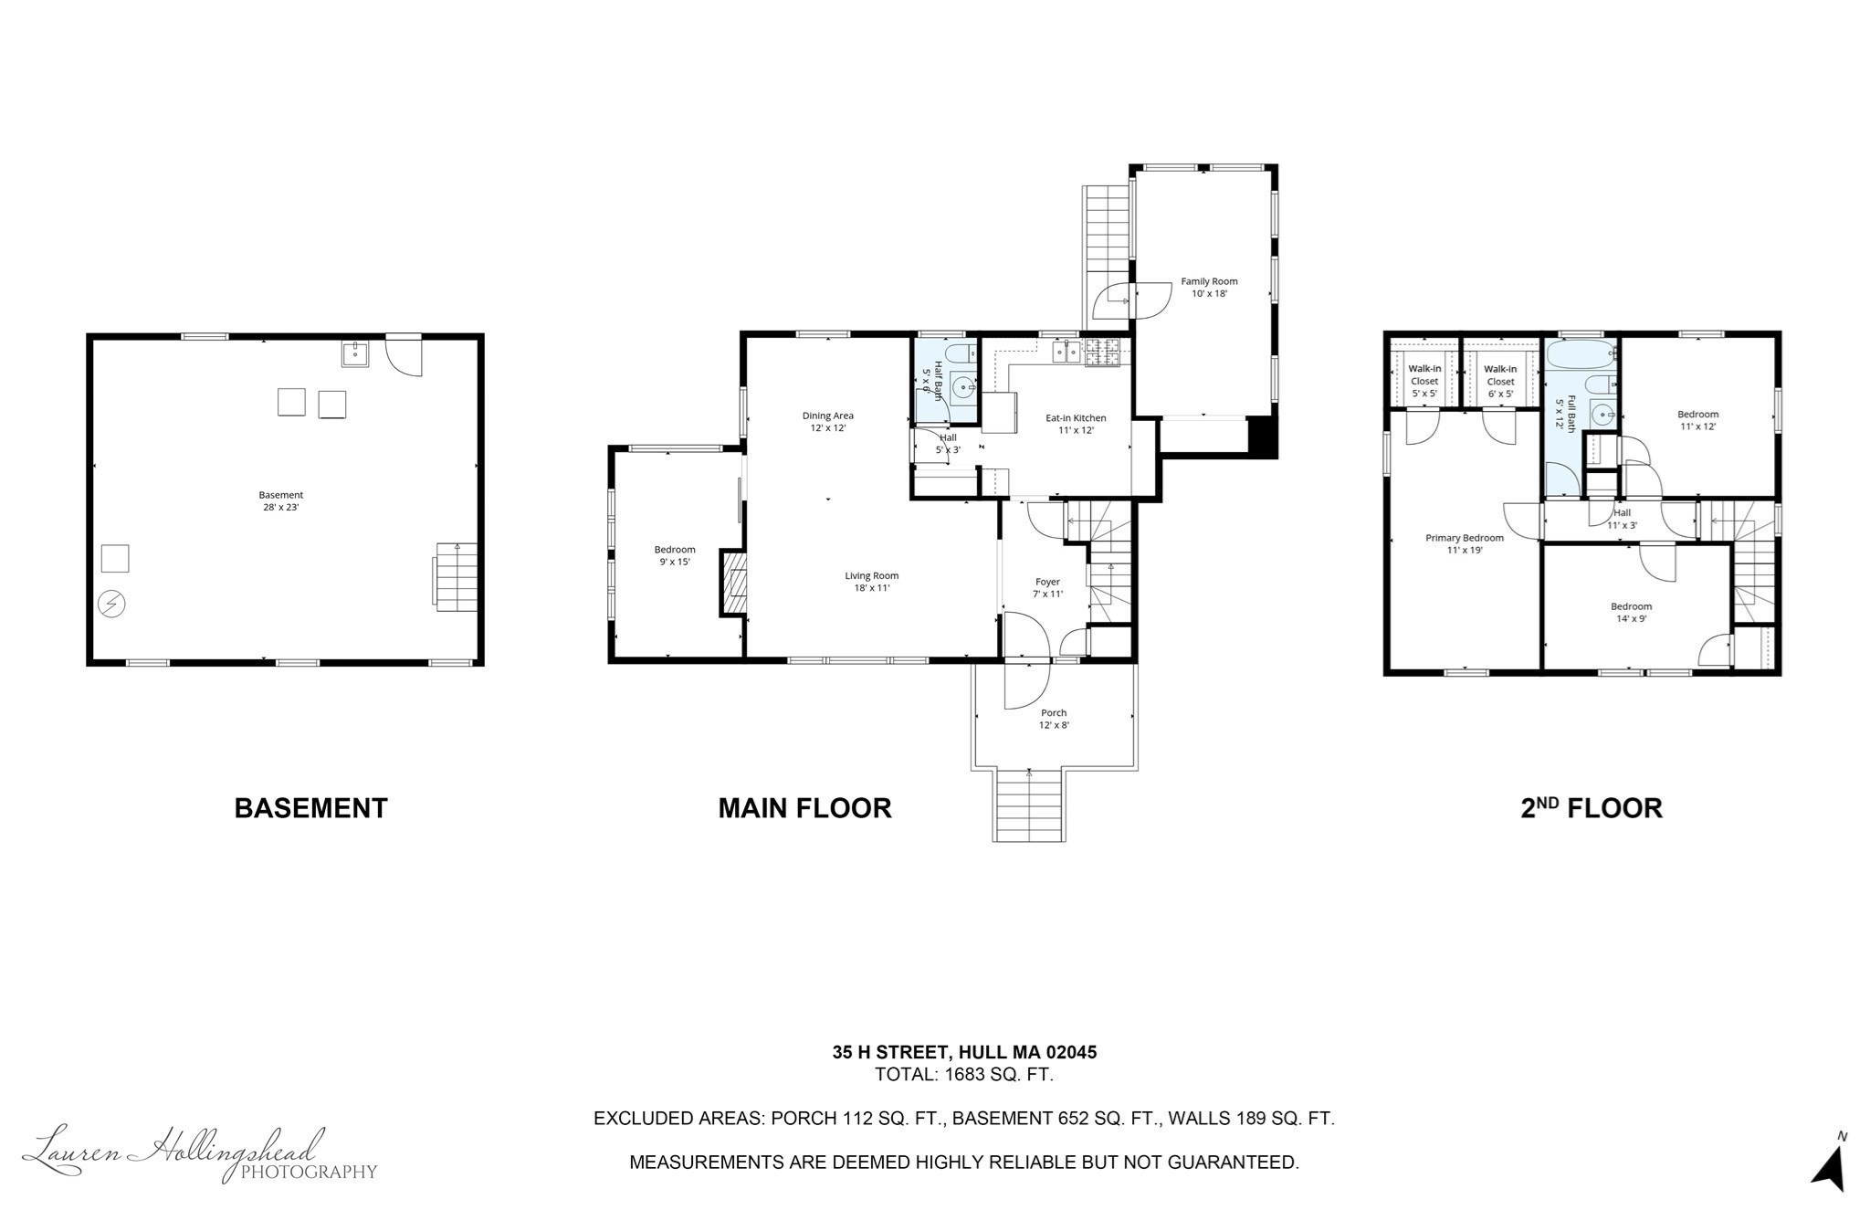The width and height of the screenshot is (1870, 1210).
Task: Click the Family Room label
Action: [1209, 287]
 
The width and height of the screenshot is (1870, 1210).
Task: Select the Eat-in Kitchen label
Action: [1075, 424]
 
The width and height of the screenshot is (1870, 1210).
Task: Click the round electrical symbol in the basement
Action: [111, 604]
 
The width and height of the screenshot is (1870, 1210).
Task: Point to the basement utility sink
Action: [355, 353]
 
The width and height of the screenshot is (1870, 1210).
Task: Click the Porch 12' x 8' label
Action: [1053, 719]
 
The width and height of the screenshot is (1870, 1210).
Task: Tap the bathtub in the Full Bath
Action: [1581, 353]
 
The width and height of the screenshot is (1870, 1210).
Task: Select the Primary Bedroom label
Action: [1464, 543]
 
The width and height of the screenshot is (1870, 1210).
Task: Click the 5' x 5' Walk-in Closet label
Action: [1424, 381]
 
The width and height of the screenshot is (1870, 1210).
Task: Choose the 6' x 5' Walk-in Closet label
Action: [1499, 381]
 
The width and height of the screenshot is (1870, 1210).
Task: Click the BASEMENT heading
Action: [310, 808]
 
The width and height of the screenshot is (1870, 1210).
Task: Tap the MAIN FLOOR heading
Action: [804, 808]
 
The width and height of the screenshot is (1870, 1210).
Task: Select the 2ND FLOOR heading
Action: [1591, 808]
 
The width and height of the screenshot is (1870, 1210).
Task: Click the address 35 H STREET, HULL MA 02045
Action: [963, 1052]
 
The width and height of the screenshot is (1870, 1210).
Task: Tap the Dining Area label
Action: [827, 421]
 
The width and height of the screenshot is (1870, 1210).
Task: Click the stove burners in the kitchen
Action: [1102, 352]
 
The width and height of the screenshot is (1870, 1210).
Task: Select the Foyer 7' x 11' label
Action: [1047, 587]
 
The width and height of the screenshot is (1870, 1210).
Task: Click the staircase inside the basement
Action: [456, 576]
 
